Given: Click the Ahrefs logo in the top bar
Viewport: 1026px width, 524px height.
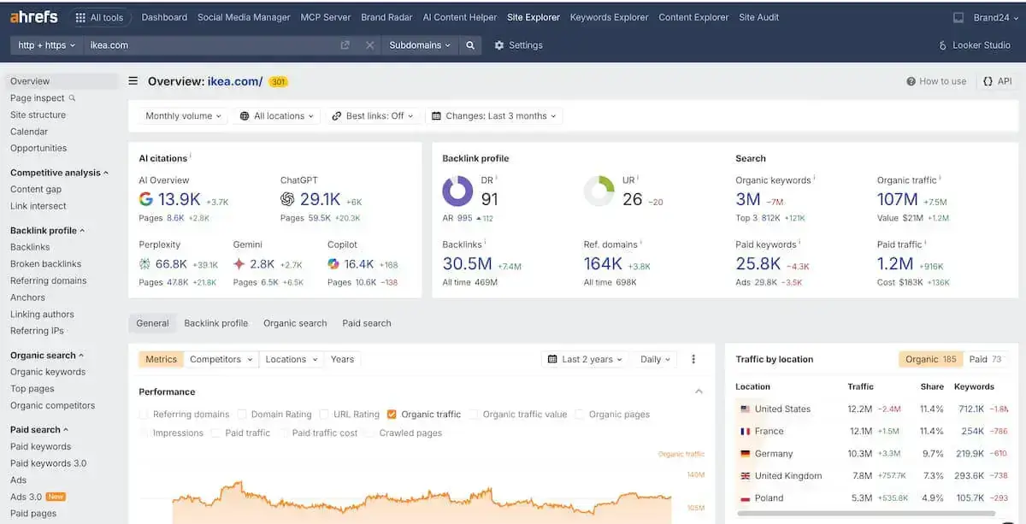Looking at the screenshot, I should [33, 17].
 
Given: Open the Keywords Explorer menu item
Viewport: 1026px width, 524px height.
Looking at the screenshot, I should [609, 17].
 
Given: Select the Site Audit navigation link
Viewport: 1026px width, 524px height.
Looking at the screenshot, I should [758, 17].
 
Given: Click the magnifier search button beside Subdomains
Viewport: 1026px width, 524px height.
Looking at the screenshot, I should [470, 45].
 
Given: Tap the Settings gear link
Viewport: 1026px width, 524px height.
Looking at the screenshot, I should [518, 45].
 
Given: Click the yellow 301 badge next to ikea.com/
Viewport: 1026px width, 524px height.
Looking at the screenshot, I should [278, 82].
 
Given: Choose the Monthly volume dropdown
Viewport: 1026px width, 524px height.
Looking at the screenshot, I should [183, 116].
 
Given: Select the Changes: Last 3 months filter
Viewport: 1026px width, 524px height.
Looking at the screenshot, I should [494, 116].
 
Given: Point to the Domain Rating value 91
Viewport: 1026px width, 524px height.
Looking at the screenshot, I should [490, 199].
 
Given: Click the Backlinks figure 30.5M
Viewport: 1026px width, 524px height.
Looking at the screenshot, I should [467, 264].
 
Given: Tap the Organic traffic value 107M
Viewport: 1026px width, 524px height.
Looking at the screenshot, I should [897, 199].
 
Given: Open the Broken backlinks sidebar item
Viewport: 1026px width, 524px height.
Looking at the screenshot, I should [45, 264].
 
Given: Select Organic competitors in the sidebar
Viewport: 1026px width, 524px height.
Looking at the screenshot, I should [52, 405].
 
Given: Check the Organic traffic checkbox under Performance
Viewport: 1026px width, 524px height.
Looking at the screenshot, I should [392, 415].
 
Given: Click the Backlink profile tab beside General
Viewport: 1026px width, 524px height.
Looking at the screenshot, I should [215, 323].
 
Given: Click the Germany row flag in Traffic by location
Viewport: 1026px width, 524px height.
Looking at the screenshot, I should [745, 454].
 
